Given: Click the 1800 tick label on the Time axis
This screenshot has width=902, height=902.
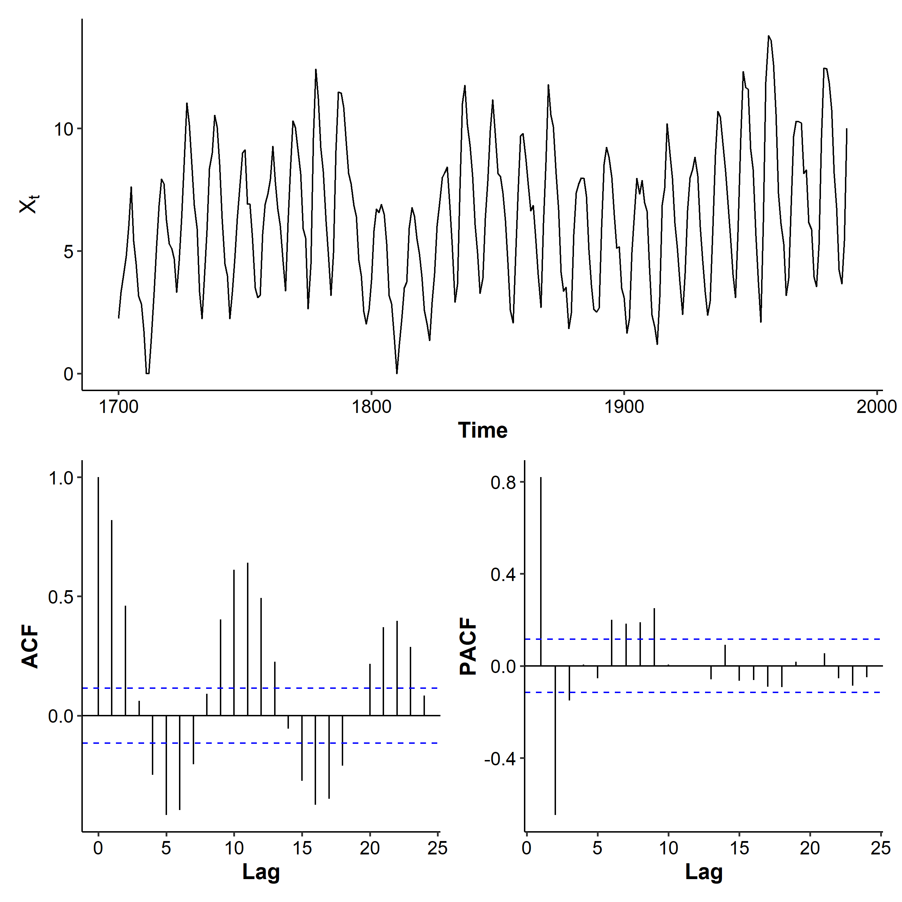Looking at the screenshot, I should [371, 407].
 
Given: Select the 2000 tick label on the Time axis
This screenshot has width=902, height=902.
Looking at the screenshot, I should [876, 407].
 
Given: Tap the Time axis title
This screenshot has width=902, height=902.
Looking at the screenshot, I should [482, 430].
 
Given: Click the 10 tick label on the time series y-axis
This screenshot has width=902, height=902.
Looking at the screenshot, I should [64, 129].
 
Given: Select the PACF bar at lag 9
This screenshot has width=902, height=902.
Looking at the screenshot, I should [654, 637].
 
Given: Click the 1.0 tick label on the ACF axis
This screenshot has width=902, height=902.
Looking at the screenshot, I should [61, 478].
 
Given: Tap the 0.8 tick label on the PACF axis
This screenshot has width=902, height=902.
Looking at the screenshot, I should [503, 482].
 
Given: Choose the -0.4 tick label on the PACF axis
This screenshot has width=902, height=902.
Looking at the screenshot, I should [500, 759].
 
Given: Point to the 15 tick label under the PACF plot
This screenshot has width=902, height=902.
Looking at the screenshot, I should [739, 848].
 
